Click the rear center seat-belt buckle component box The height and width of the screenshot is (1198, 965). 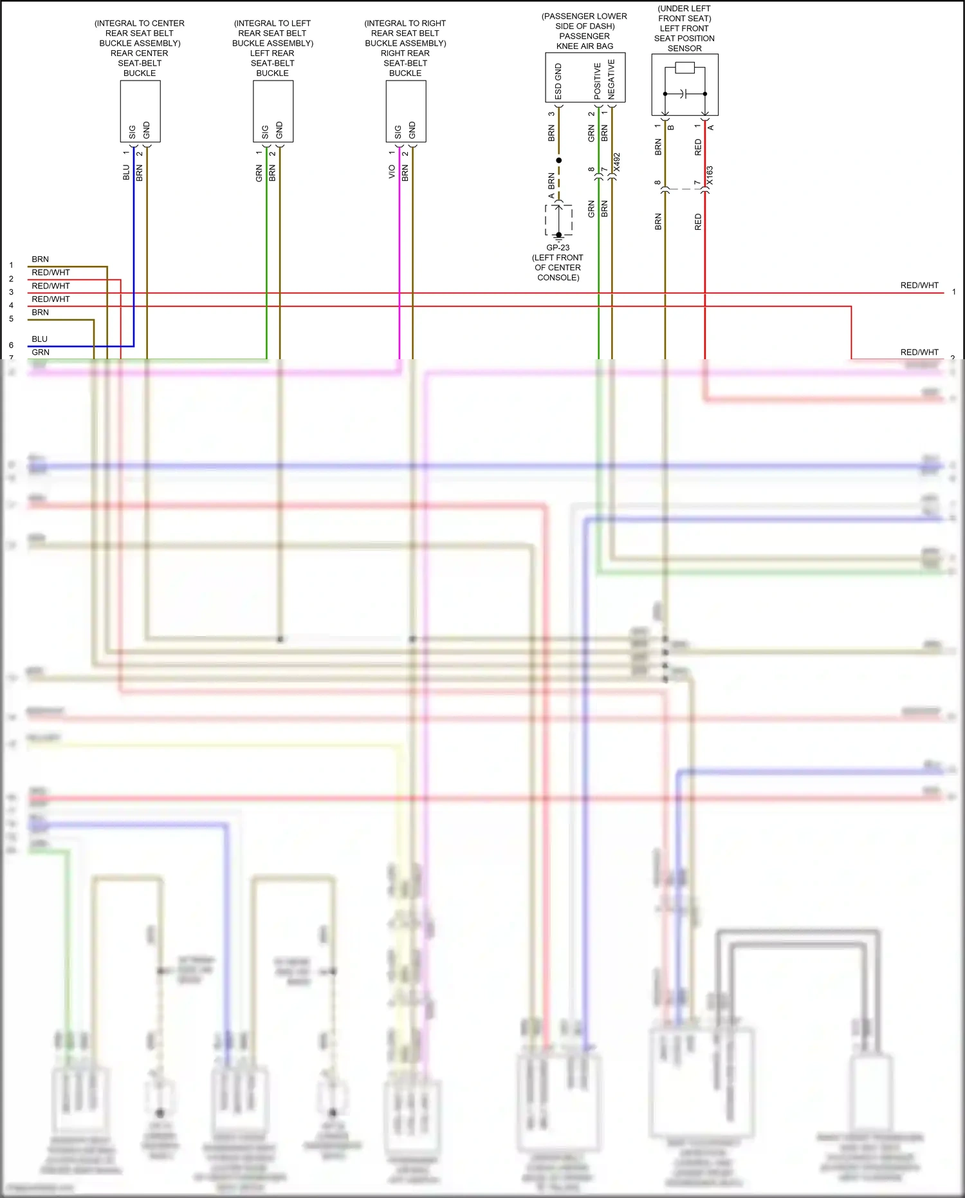click(x=140, y=111)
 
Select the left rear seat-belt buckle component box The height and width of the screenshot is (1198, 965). click(x=273, y=111)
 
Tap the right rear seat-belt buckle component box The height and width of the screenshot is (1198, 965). click(x=406, y=111)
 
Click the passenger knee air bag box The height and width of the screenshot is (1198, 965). click(x=585, y=77)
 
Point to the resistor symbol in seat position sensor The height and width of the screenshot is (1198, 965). click(x=685, y=68)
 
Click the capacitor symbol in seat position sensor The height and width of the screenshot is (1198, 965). click(x=685, y=94)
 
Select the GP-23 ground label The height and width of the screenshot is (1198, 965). click(x=558, y=248)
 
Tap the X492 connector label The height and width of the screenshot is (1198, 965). click(x=616, y=162)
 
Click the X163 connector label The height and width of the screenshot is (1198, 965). click(x=710, y=176)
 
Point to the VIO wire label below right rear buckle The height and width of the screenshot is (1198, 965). click(x=391, y=172)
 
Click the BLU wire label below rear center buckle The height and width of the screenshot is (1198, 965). click(x=126, y=173)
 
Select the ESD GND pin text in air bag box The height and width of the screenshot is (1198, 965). click(x=558, y=81)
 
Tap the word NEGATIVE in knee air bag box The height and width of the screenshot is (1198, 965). click(x=611, y=79)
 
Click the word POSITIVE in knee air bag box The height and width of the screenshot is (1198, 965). click(x=598, y=80)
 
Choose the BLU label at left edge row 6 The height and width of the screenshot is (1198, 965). click(x=39, y=339)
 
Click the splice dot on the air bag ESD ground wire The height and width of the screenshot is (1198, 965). click(x=558, y=160)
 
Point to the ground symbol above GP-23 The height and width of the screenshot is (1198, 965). click(x=558, y=236)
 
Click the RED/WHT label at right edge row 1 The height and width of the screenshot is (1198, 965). click(x=919, y=285)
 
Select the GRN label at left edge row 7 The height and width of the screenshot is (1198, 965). click(x=41, y=352)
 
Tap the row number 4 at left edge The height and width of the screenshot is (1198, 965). click(x=11, y=305)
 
